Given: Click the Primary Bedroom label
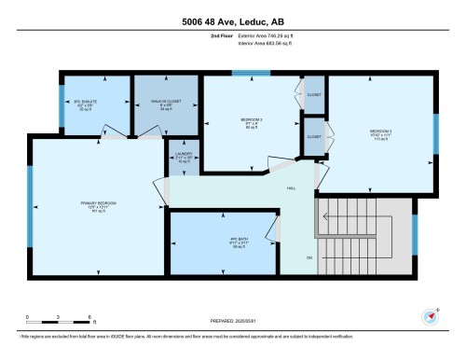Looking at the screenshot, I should click(98, 202).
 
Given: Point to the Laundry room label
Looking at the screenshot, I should click(184, 157).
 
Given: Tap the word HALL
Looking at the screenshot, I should click(291, 187).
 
